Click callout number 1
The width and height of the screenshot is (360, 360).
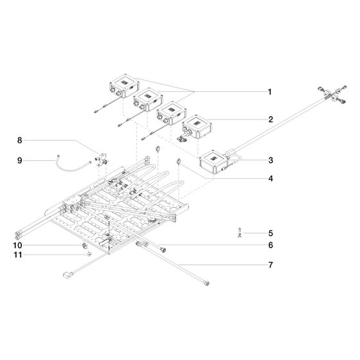coord(270,92)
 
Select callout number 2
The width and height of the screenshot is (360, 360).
coord(271,120)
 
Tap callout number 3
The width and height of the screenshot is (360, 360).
coord(271,160)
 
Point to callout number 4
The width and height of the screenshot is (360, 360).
coord(271,179)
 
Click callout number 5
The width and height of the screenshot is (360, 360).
coord(271,233)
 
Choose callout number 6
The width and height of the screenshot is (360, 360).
coord(271,245)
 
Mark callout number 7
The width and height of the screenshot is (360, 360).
coord(271,265)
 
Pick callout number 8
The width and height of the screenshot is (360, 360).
coord(20,140)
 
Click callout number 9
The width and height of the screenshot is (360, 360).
coord(20,161)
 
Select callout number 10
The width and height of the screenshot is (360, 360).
coord(18,245)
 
